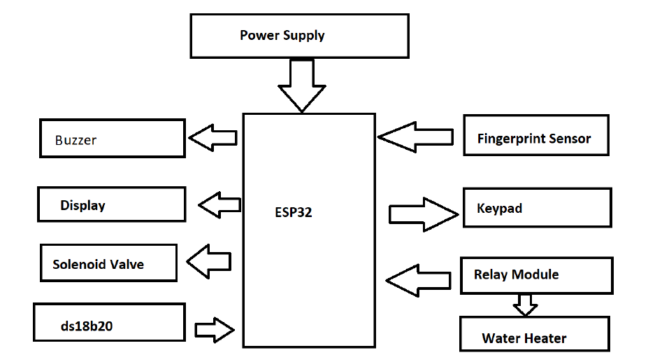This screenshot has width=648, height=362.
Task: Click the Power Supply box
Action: click(299, 36)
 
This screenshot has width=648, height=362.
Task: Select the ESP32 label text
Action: click(294, 212)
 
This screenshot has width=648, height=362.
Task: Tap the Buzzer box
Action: click(112, 138)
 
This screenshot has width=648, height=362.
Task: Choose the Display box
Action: click(112, 204)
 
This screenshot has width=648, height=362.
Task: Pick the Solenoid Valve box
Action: click(108, 263)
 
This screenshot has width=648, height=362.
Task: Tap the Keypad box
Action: click(537, 207)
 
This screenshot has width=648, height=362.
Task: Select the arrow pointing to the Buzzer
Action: click(214, 137)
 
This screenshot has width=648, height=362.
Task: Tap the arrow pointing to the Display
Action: click(219, 205)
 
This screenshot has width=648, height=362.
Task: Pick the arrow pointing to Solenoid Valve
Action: click(209, 261)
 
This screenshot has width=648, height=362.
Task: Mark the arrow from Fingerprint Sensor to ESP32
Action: click(416, 137)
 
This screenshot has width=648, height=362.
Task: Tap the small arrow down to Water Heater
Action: click(525, 305)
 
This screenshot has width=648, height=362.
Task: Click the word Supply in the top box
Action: click(303, 35)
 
